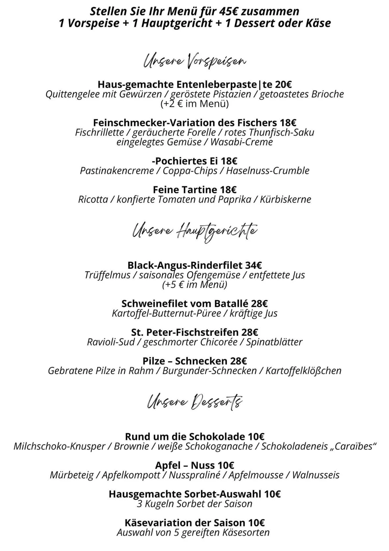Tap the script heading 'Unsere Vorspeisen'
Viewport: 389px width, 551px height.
pyautogui.click(x=195, y=61)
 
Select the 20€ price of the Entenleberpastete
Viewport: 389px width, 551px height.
pyautogui.click(x=284, y=84)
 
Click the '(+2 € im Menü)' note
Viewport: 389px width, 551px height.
pyautogui.click(x=195, y=104)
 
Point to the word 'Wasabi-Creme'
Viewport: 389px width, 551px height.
pyautogui.click(x=241, y=142)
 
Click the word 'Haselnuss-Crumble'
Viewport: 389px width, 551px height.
pyautogui.click(x=268, y=171)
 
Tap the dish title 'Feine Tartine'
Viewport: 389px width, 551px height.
pyautogui.click(x=185, y=190)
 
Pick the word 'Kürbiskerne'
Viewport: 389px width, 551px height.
pyautogui.click(x=285, y=199)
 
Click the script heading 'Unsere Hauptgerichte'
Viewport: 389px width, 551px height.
pyautogui.click(x=195, y=231)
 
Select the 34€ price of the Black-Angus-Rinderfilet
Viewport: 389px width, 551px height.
pyautogui.click(x=253, y=265)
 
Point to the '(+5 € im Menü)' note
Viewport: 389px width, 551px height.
pyautogui.click(x=195, y=285)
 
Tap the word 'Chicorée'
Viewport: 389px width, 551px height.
pyautogui.click(x=219, y=342)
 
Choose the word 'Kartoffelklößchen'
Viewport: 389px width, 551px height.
pyautogui.click(x=303, y=371)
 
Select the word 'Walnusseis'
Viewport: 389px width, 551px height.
pyautogui.click(x=316, y=475)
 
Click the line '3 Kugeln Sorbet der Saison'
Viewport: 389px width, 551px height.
pyautogui.click(x=195, y=504)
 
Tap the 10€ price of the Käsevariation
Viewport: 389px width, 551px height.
pyautogui.click(x=256, y=523)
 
